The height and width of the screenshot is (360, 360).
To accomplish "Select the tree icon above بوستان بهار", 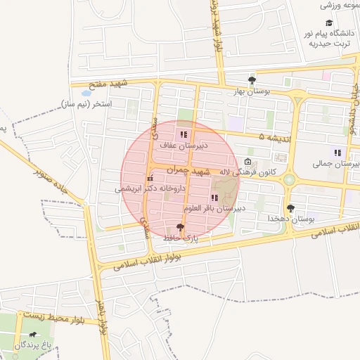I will [252, 80].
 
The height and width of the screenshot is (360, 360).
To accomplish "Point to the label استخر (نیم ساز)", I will [97, 104].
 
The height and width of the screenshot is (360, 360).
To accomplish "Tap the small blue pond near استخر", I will [86, 92].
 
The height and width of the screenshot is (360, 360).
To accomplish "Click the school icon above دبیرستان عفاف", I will [184, 134].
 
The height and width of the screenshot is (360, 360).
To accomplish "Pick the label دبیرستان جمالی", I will [337, 163].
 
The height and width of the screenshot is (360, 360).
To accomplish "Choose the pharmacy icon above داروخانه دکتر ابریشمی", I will [150, 179].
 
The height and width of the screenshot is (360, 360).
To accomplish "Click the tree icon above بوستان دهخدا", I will [290, 208].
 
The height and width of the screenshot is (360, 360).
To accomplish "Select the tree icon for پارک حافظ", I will [181, 227].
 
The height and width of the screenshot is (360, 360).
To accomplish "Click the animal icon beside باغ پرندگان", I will [32, 335].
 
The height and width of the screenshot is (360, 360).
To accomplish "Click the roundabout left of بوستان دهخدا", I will [289, 181].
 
